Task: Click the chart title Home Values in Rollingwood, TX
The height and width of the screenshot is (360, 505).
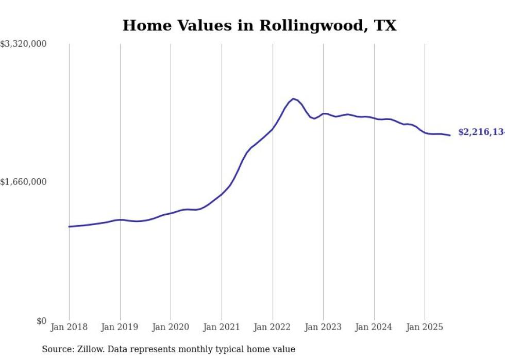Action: tap(259, 25)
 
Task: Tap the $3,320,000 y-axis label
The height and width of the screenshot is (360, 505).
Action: tap(24, 44)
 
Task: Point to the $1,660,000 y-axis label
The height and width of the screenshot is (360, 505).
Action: tap(24, 182)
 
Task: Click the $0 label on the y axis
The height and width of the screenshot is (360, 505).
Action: tap(41, 321)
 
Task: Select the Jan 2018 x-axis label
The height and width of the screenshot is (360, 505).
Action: tap(69, 327)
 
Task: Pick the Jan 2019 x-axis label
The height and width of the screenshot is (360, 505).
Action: tap(120, 327)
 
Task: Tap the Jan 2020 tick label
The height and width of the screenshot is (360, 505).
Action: tap(171, 327)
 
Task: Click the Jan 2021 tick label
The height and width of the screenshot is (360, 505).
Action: tap(222, 327)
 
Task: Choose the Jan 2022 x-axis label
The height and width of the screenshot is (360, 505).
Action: tap(273, 327)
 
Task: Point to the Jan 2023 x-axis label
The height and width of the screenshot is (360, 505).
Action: tap(323, 327)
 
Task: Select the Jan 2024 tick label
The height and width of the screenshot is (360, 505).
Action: tap(374, 327)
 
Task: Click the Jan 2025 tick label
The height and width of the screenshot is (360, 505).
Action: tap(425, 327)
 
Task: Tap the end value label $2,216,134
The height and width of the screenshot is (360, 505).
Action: tap(481, 132)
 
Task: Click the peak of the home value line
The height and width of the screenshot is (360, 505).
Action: tap(293, 98)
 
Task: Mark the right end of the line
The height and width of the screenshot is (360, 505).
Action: tap(450, 135)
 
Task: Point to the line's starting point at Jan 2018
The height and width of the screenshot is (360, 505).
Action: tap(69, 227)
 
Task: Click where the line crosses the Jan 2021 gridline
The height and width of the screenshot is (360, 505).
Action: tap(222, 194)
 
